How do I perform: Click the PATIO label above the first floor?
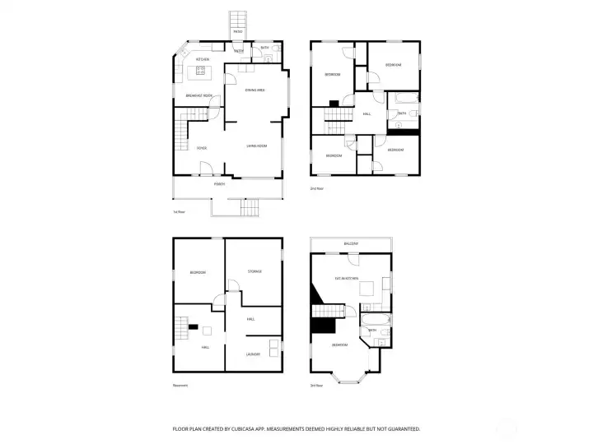click(x=237, y=31)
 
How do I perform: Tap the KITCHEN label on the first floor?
click(x=203, y=59)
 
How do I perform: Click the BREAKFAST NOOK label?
click(x=199, y=96)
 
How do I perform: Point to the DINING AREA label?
click(x=254, y=90)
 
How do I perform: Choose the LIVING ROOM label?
click(x=257, y=146)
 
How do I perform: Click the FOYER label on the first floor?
click(x=201, y=148)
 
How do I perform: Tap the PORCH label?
click(x=219, y=184)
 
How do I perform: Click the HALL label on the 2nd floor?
click(x=367, y=114)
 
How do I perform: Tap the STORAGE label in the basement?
click(x=254, y=271)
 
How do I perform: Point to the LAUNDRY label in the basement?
click(x=253, y=354)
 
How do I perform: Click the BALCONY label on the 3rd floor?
click(x=352, y=244)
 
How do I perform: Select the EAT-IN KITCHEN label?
click(x=346, y=279)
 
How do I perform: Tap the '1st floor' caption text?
click(x=179, y=212)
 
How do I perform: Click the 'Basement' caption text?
click(x=180, y=385)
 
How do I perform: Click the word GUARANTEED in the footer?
click(x=401, y=428)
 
